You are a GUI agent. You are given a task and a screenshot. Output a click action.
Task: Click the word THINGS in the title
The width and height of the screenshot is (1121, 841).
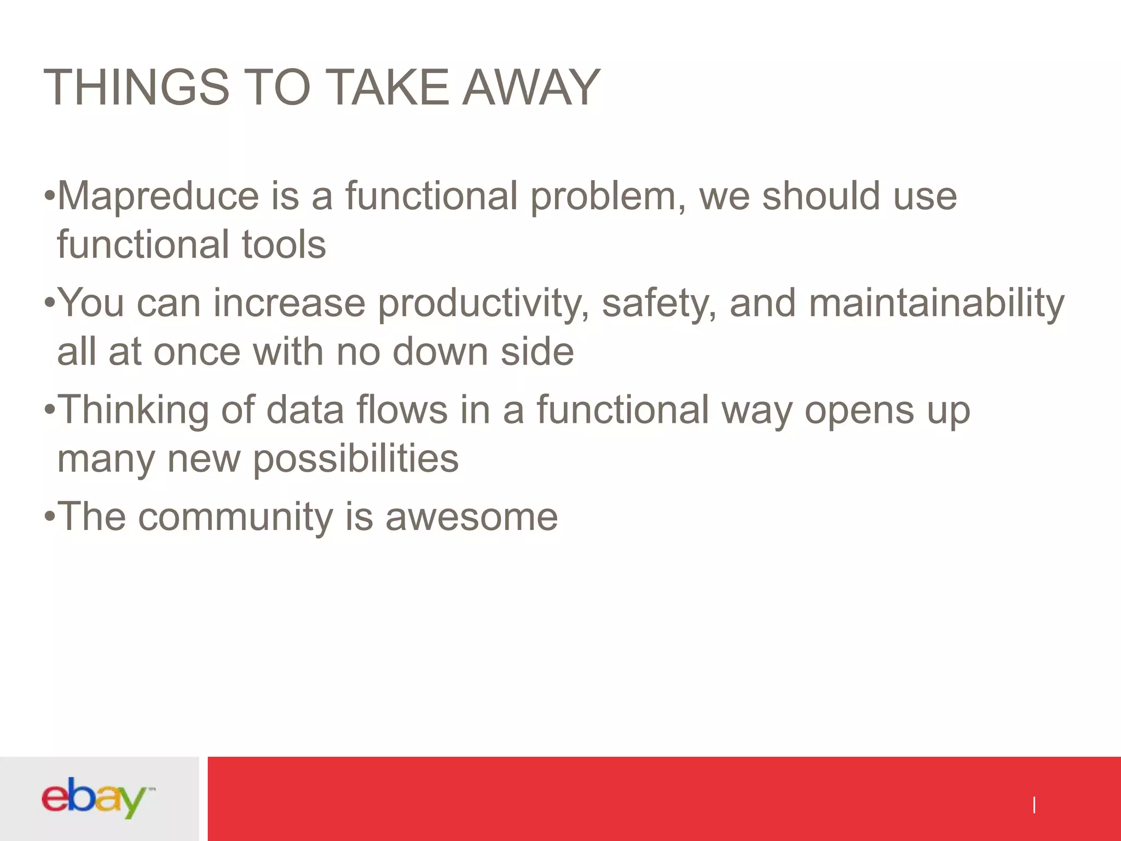[136, 88]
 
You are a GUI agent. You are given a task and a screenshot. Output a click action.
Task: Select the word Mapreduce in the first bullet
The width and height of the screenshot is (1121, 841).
[158, 196]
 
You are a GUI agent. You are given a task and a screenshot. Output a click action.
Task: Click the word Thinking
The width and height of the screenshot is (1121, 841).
[133, 411]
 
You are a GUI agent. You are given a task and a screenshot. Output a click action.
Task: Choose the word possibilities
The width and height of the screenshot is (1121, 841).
[356, 459]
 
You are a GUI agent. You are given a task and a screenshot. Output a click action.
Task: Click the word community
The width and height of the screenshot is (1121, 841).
[235, 517]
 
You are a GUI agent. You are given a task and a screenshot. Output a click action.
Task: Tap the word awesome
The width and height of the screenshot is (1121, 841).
[471, 517]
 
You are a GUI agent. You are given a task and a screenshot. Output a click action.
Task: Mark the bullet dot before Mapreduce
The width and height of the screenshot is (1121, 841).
[49, 195]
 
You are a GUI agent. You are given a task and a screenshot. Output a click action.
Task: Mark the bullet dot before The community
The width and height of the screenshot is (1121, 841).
[49, 516]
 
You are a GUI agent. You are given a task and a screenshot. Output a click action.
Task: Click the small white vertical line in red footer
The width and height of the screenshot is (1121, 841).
[1033, 805]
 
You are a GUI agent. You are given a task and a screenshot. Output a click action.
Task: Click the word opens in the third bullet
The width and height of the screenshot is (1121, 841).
[859, 411]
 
